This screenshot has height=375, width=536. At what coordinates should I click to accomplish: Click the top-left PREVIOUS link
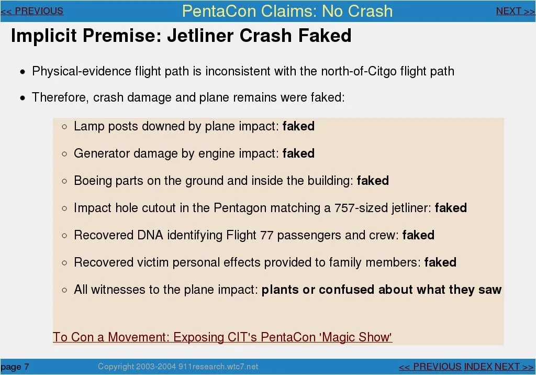point(32,11)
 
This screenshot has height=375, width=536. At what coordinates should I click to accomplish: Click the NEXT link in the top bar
point(516,12)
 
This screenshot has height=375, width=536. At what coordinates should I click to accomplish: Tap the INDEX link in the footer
point(478,367)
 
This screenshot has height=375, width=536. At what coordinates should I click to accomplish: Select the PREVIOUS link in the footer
point(430,367)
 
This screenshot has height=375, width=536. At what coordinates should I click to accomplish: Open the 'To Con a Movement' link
point(222,337)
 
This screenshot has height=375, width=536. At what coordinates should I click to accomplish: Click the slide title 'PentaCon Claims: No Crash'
point(287,11)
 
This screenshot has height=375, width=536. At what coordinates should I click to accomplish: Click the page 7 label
point(15,367)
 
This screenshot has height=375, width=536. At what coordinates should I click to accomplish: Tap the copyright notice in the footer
point(178,367)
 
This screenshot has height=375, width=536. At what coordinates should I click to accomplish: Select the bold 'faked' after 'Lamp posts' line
point(298,126)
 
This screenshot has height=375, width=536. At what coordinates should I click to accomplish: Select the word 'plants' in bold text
point(280,290)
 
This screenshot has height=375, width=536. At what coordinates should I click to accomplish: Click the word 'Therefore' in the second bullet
point(60,97)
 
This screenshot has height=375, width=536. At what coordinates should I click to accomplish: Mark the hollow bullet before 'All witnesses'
point(64,290)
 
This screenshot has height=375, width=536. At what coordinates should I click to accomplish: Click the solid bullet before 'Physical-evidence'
point(23,72)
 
